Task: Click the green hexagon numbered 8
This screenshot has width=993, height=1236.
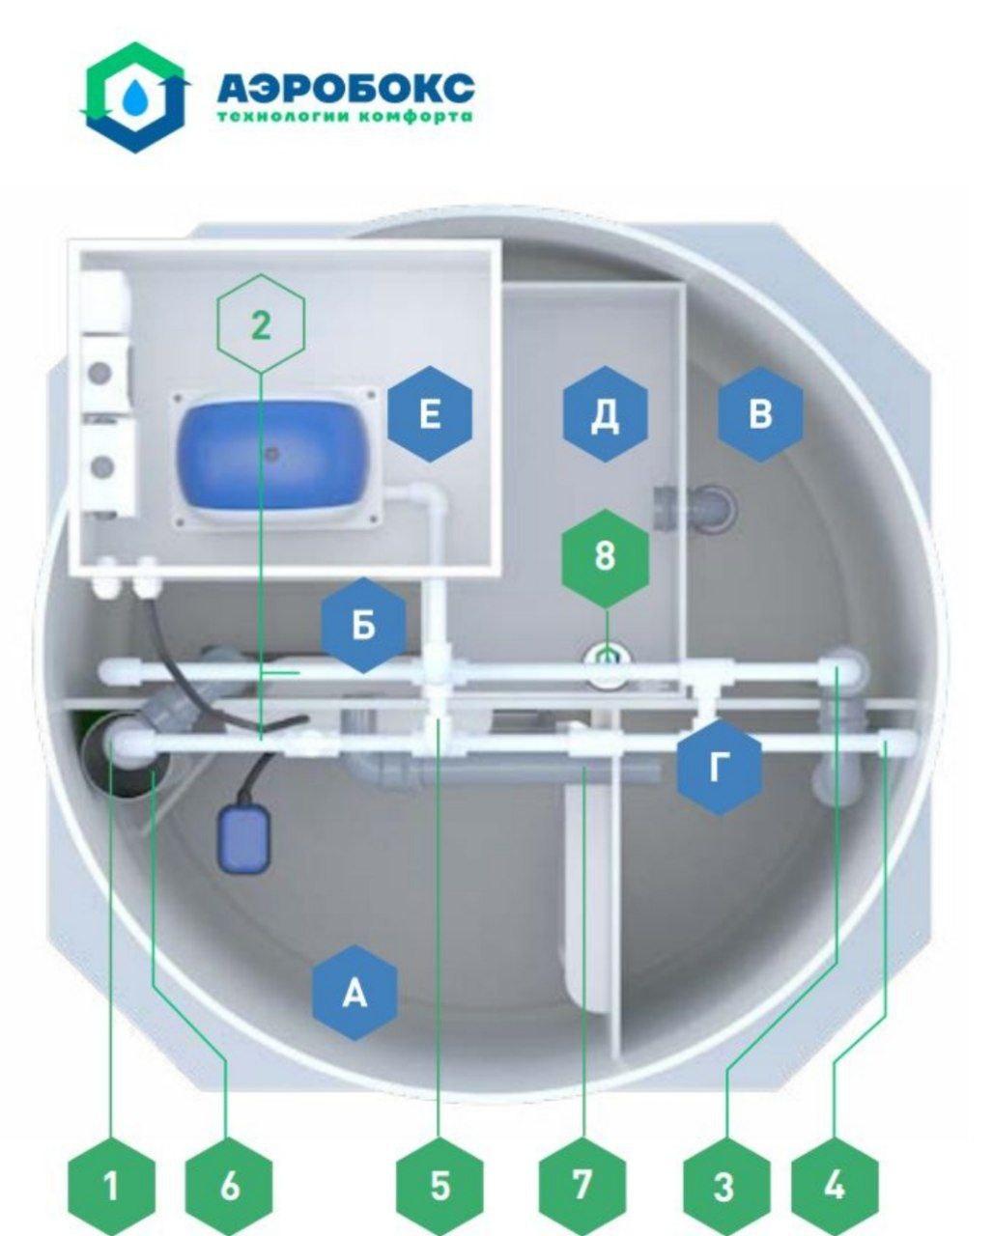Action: coord(606,558)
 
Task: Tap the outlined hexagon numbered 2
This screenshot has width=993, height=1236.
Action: coord(261,323)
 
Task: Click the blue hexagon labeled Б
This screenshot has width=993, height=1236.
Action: coord(364,626)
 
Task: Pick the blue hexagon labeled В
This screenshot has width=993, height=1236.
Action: coord(760,413)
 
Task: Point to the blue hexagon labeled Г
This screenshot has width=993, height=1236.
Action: coord(720,766)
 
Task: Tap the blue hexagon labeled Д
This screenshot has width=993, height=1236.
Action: coord(605,413)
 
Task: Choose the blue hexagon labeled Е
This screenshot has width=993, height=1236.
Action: coord(430,413)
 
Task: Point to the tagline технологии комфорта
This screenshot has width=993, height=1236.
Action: coord(346,117)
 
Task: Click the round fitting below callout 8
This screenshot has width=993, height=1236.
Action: coord(609,663)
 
